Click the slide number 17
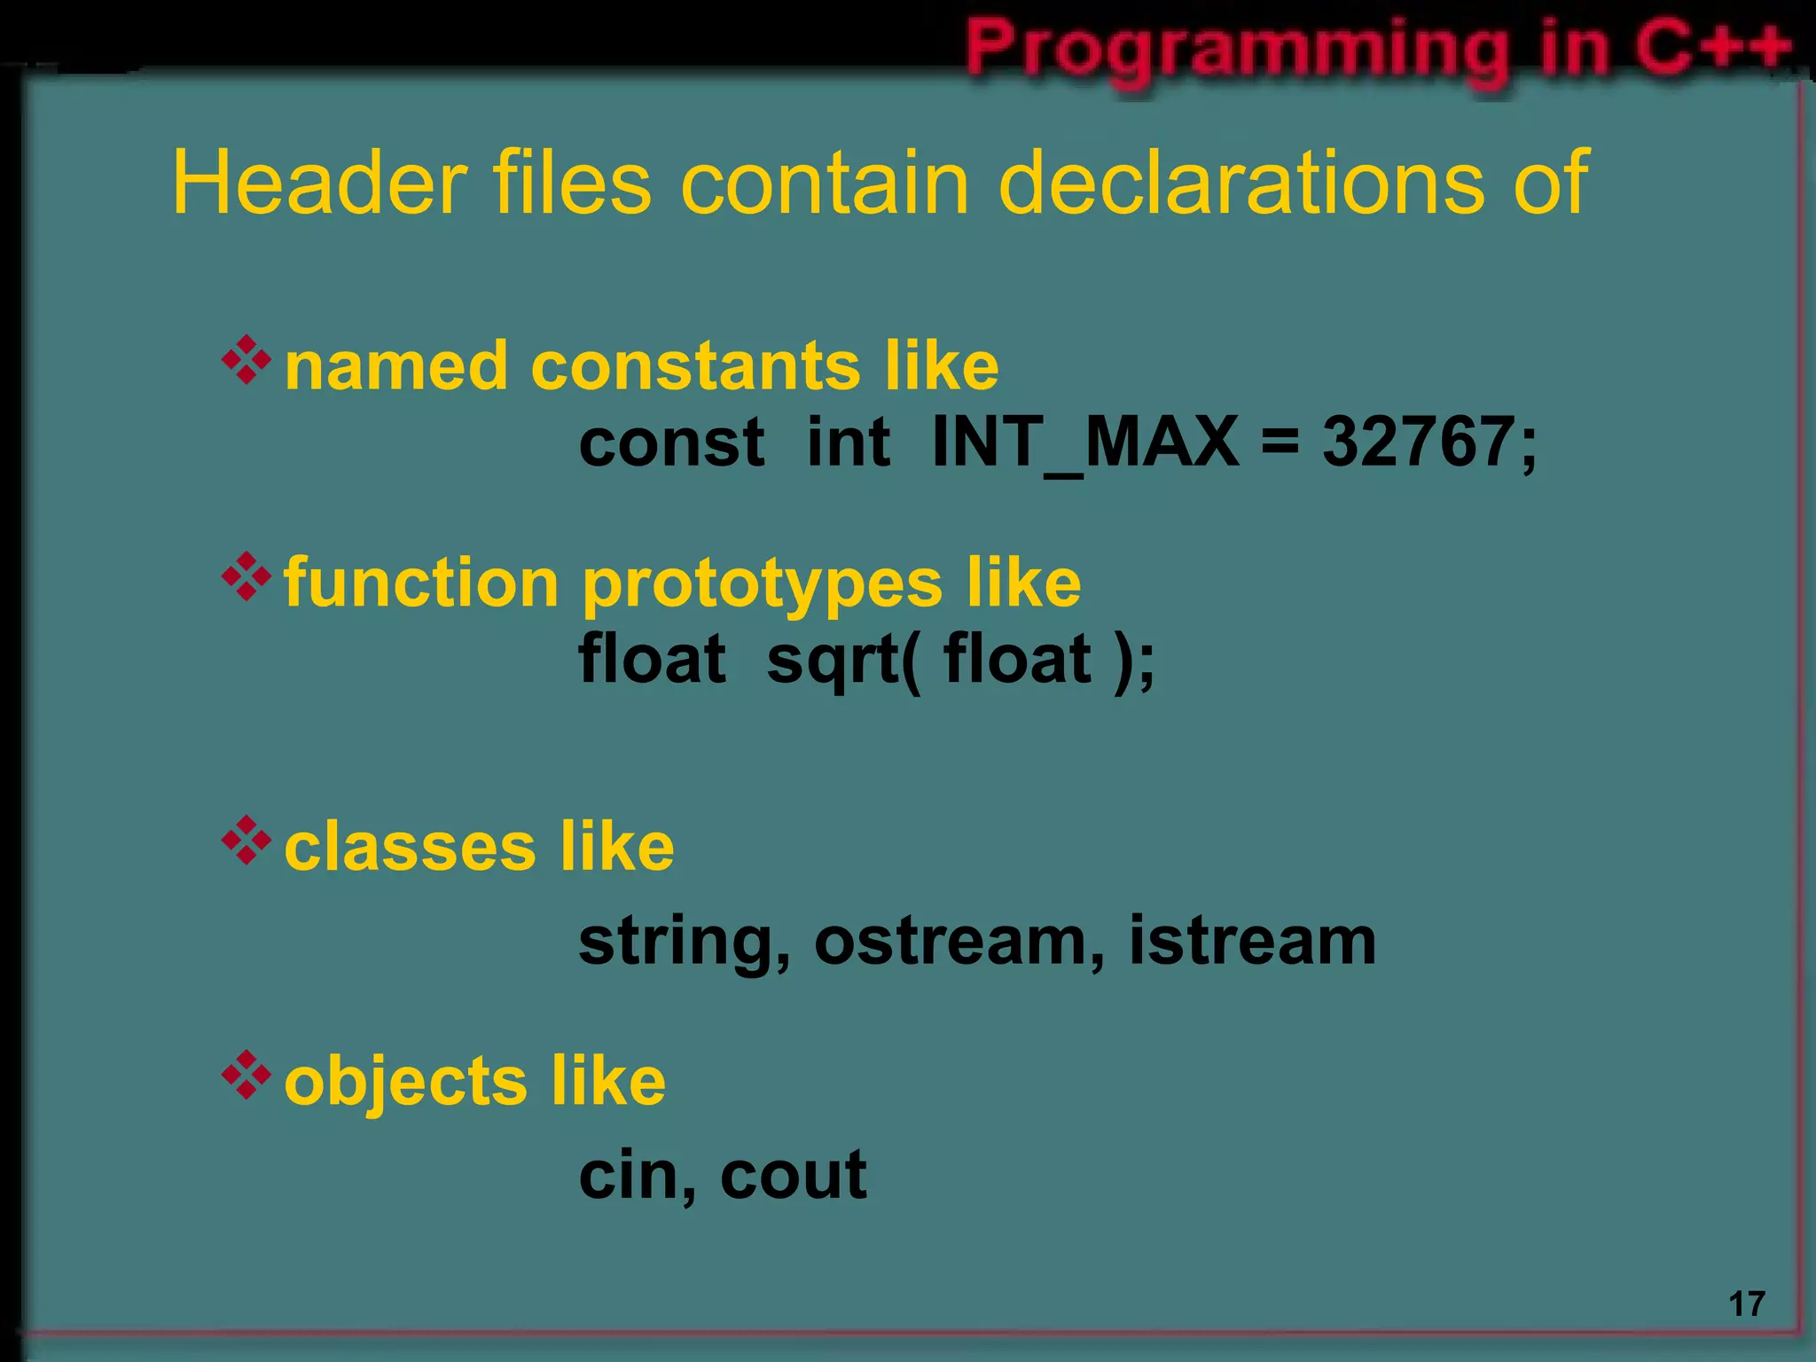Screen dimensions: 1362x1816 pos(1747,1304)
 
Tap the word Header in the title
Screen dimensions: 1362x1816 pos(319,183)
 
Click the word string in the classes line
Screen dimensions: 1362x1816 pos(677,943)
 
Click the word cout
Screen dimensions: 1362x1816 pos(793,1175)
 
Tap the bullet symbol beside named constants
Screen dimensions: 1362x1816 pos(247,360)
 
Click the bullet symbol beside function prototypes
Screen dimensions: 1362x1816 pos(247,577)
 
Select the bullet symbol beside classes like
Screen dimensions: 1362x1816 pos(247,841)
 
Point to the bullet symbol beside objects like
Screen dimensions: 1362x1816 pos(247,1075)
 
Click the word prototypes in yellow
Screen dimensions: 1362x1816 pos(762,585)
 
